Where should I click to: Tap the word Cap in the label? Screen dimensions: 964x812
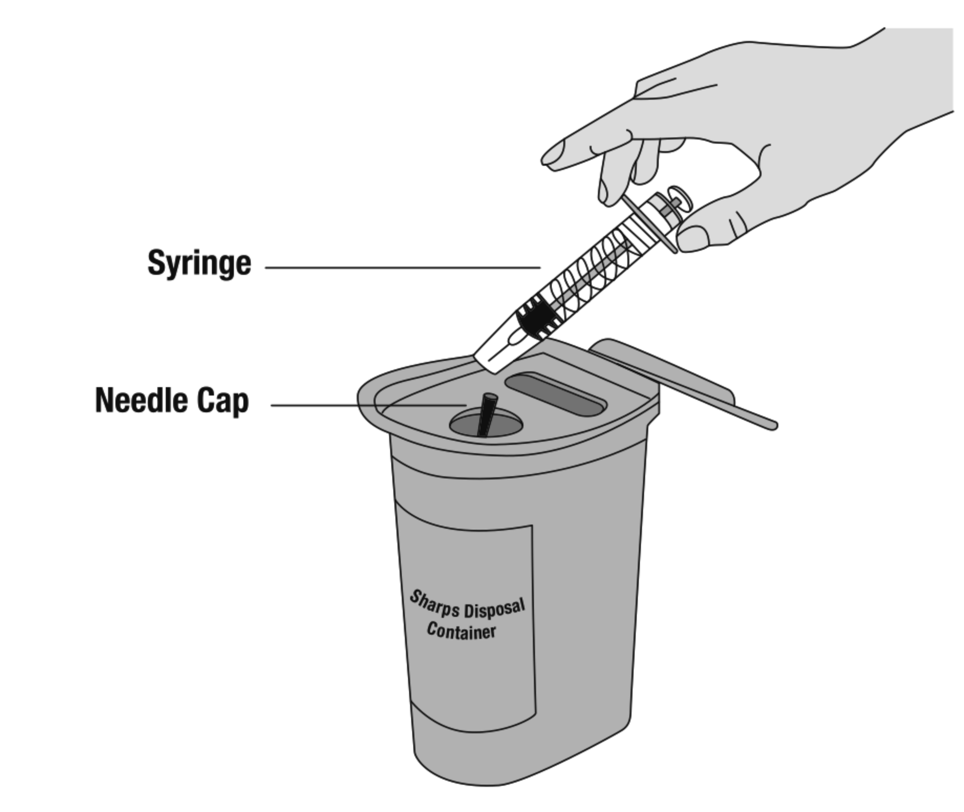coord(223,402)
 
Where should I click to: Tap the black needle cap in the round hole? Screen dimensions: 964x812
coord(486,414)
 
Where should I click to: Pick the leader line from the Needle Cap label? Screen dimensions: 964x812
coord(369,405)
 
